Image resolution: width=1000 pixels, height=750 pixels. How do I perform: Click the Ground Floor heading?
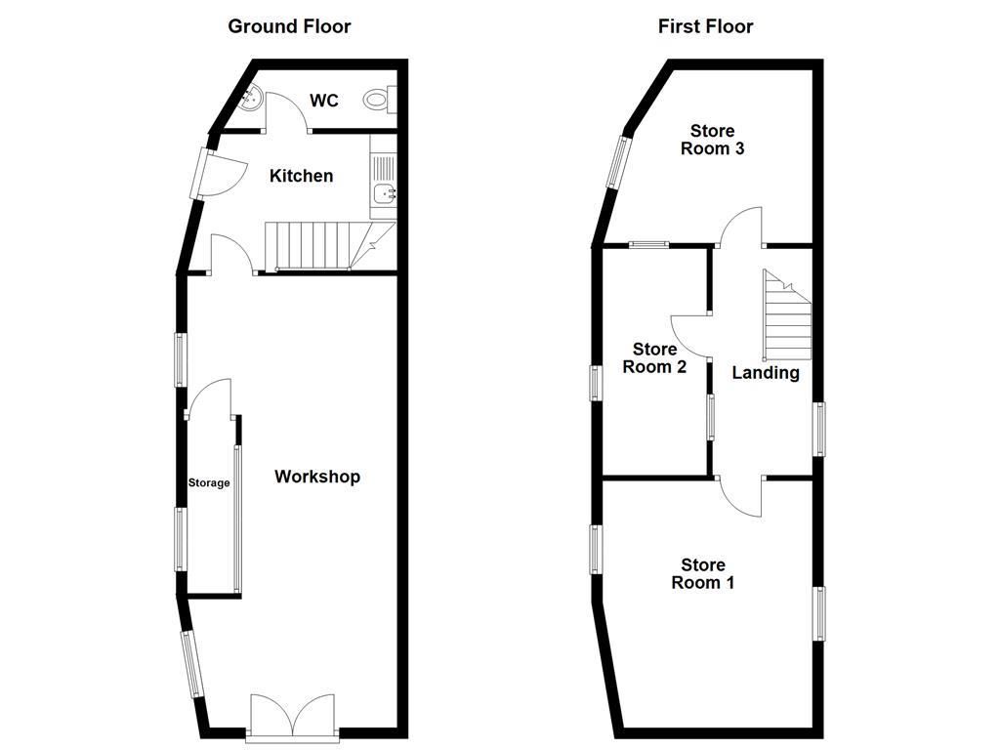[289, 26]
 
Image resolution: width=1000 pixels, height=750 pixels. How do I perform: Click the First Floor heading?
[705, 26]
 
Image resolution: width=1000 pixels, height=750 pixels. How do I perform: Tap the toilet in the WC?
[380, 100]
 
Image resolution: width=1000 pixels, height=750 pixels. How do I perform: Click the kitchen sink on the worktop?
[384, 192]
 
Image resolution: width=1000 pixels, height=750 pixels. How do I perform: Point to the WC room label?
[324, 101]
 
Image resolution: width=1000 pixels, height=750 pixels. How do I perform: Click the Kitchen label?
[301, 176]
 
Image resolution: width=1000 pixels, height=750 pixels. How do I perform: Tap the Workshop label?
[317, 477]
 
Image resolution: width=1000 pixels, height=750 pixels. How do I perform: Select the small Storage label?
[209, 482]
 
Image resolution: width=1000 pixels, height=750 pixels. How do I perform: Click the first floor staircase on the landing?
[788, 315]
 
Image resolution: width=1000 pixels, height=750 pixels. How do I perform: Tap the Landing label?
[766, 372]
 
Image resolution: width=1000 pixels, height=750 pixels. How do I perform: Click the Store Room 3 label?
[712, 140]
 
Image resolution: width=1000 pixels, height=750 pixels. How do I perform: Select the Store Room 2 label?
[654, 357]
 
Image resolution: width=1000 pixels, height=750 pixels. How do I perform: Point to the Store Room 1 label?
[703, 573]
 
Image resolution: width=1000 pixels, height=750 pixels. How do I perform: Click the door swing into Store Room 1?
[740, 496]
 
